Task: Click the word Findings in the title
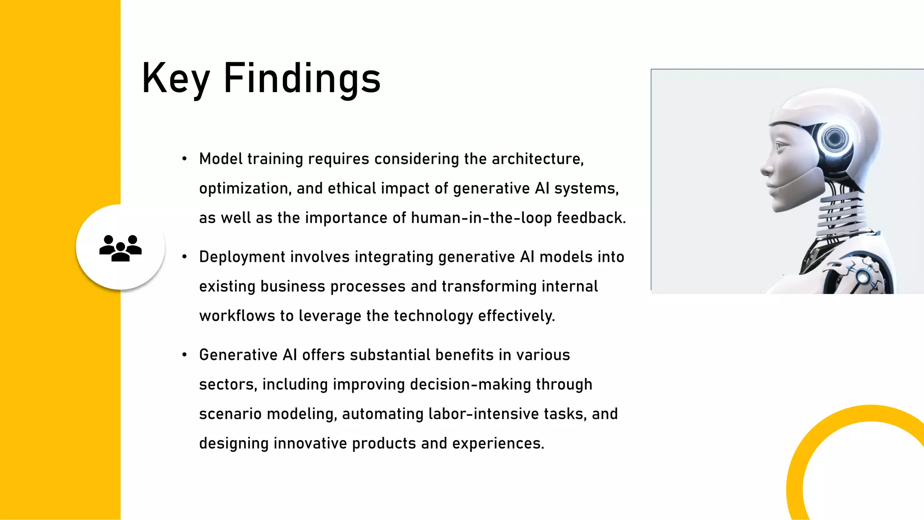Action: point(302,79)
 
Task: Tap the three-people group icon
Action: point(120,247)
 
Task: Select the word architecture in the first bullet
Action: point(537,159)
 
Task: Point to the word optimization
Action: point(245,189)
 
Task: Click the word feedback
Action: point(591,218)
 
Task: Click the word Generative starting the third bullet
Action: point(238,355)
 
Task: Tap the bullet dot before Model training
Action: point(184,159)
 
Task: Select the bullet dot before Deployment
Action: point(184,257)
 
